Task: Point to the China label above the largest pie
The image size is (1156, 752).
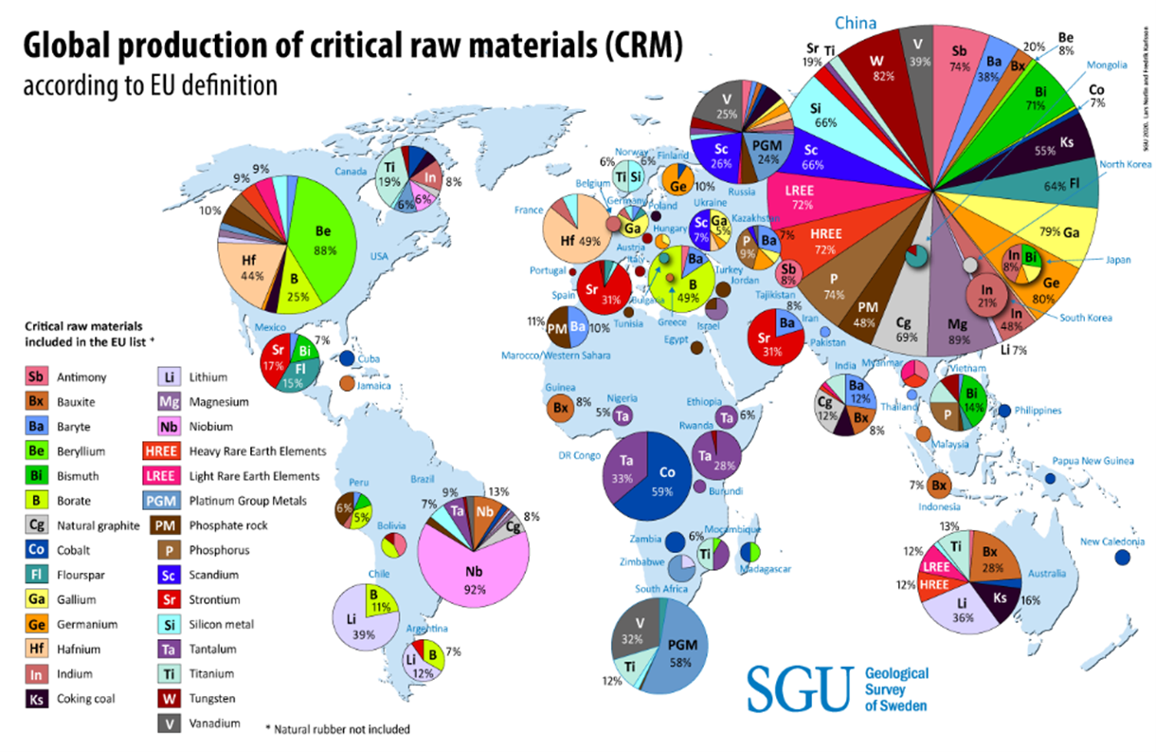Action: [x=855, y=23]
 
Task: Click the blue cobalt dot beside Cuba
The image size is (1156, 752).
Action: [x=348, y=358]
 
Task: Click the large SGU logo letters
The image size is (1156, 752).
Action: [x=800, y=688]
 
